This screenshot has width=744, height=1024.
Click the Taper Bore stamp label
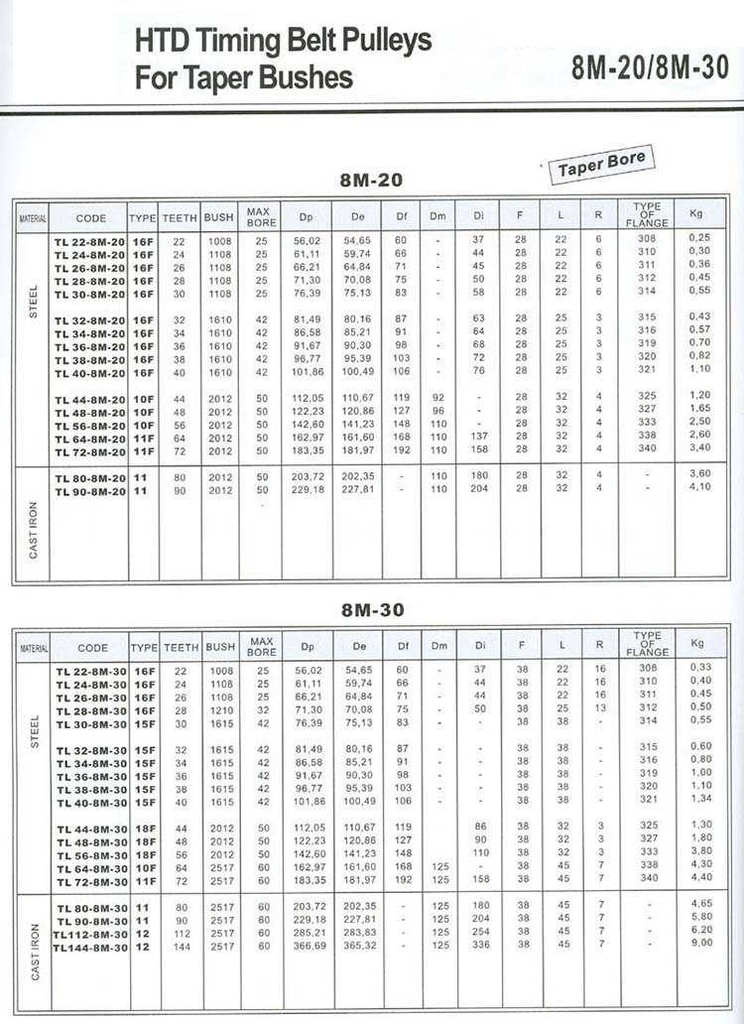coord(602,165)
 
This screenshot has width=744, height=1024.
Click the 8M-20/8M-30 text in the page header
coord(650,67)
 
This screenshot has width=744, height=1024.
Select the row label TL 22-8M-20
coord(89,240)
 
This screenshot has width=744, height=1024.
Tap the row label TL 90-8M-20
coord(89,489)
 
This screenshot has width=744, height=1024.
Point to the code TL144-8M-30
coord(89,948)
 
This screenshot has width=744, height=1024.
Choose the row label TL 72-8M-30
coord(89,879)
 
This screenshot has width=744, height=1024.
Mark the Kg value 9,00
coord(700,944)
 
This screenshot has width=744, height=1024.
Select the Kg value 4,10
coord(700,486)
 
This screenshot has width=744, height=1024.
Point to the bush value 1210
coord(219,711)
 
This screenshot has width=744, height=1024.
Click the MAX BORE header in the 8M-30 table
coord(262,647)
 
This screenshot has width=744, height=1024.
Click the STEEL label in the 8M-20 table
coord(34,302)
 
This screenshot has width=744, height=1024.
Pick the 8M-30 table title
coord(372,610)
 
